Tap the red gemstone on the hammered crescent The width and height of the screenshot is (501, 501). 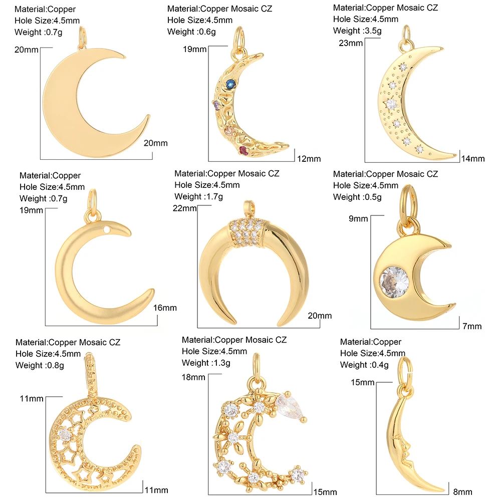click(x=243, y=149)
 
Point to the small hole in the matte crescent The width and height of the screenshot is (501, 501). click(x=106, y=230)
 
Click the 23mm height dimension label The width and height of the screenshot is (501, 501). click(x=350, y=43)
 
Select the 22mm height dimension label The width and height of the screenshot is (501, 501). click(x=184, y=208)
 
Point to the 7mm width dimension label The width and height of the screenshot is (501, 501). click(x=472, y=326)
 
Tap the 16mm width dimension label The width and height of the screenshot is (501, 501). click(x=166, y=308)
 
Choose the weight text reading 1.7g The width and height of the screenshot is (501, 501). click(x=199, y=196)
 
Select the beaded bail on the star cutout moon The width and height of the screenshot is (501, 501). click(x=90, y=374)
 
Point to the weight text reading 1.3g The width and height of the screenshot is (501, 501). click(x=206, y=363)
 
